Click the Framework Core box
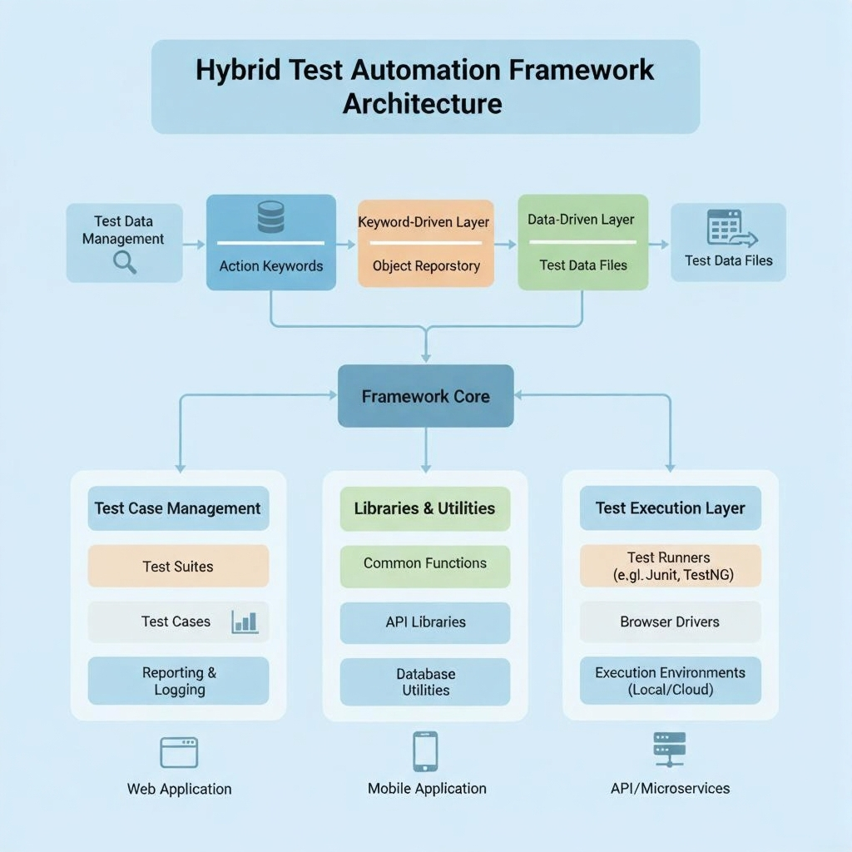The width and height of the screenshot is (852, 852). point(425,396)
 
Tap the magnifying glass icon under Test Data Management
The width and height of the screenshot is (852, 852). point(125,262)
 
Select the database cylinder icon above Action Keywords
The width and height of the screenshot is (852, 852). point(270,216)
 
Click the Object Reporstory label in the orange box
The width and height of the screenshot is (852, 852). point(426,266)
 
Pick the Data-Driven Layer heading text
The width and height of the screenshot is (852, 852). point(581,220)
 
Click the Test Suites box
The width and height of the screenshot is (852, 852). point(178,567)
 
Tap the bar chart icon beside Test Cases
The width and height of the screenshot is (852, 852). point(245,622)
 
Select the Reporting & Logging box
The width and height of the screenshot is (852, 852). point(178,681)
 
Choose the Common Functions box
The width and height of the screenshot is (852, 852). point(425,564)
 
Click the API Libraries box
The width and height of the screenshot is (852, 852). point(425,622)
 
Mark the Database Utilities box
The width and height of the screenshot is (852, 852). point(425,681)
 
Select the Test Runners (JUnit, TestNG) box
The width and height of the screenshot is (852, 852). point(670,566)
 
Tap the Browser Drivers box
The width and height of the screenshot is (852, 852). point(670,622)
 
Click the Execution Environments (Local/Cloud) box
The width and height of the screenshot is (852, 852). point(670,681)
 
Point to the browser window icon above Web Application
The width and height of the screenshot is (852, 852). point(179,753)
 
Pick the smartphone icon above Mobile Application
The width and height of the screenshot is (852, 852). point(425,751)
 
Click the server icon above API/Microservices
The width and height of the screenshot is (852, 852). point(669,750)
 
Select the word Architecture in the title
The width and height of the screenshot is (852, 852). point(422,104)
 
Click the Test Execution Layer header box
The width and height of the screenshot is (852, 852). point(670,508)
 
